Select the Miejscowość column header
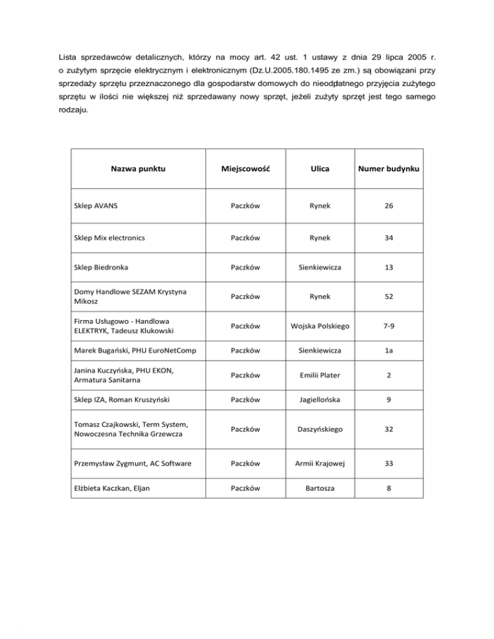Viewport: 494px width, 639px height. pyautogui.click(x=244, y=170)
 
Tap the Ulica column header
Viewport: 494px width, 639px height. pyautogui.click(x=319, y=170)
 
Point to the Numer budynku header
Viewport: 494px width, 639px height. pyautogui.click(x=390, y=170)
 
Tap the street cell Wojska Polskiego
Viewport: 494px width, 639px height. pyautogui.click(x=319, y=327)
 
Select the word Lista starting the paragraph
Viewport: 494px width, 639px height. pyautogui.click(x=61, y=51)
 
